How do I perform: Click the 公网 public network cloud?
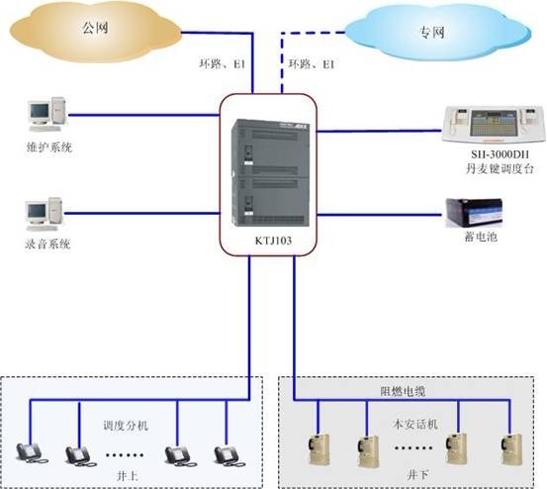pyautogui.click(x=95, y=32)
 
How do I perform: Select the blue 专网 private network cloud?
pyautogui.click(x=438, y=32)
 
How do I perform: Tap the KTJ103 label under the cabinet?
pyautogui.click(x=273, y=241)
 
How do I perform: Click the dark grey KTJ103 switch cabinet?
pyautogui.click(x=270, y=173)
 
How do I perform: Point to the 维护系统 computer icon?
pyautogui.click(x=47, y=114)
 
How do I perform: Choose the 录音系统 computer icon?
pyautogui.click(x=45, y=214)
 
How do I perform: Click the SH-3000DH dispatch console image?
pyautogui.click(x=494, y=125)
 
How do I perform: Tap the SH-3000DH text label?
pyautogui.click(x=500, y=154)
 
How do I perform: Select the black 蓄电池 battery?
pyautogui.click(x=474, y=213)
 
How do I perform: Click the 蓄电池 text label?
pyautogui.click(x=481, y=237)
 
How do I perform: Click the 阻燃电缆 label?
pyautogui.click(x=403, y=392)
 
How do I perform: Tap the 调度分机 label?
pyautogui.click(x=126, y=426)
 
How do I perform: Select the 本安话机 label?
pyautogui.click(x=415, y=424)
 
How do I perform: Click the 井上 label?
pyautogui.click(x=127, y=475)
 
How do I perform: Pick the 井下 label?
pyautogui.click(x=417, y=474)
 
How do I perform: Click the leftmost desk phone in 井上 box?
pyautogui.click(x=32, y=453)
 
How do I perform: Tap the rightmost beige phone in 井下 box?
pyautogui.click(x=511, y=448)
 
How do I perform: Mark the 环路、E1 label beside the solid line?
pyautogui.click(x=223, y=64)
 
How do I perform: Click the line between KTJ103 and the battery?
pyautogui.click(x=379, y=215)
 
